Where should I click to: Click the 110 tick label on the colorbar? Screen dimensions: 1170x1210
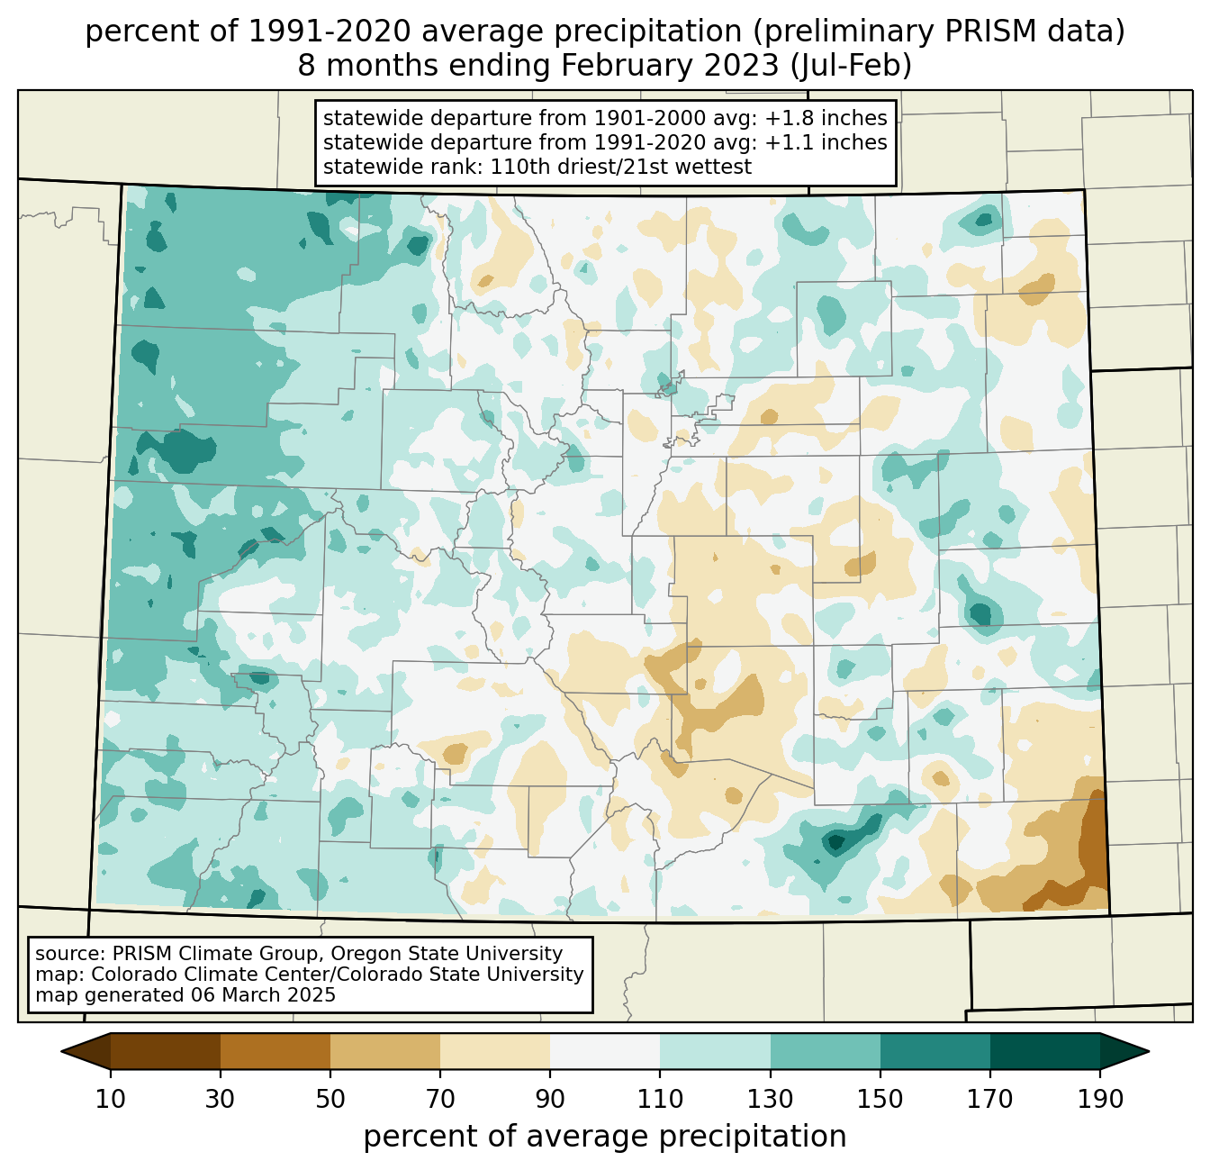coord(660,1100)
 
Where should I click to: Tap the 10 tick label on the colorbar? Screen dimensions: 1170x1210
coord(111,1100)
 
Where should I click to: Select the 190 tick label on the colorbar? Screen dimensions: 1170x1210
coord(1100,1100)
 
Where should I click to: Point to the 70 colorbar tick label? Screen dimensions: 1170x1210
coord(440,1100)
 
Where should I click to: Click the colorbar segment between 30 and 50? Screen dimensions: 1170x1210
coord(275,1051)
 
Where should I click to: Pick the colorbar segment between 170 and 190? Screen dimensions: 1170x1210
coord(1045,1051)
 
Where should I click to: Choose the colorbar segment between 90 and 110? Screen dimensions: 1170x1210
coord(605,1051)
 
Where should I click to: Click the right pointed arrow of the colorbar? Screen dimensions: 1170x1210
coord(1124,1051)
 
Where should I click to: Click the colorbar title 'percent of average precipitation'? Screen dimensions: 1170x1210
coord(605,1137)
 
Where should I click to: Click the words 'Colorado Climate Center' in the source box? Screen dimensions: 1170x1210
coord(195,975)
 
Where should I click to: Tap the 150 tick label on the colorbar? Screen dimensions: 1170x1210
coord(880,1100)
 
